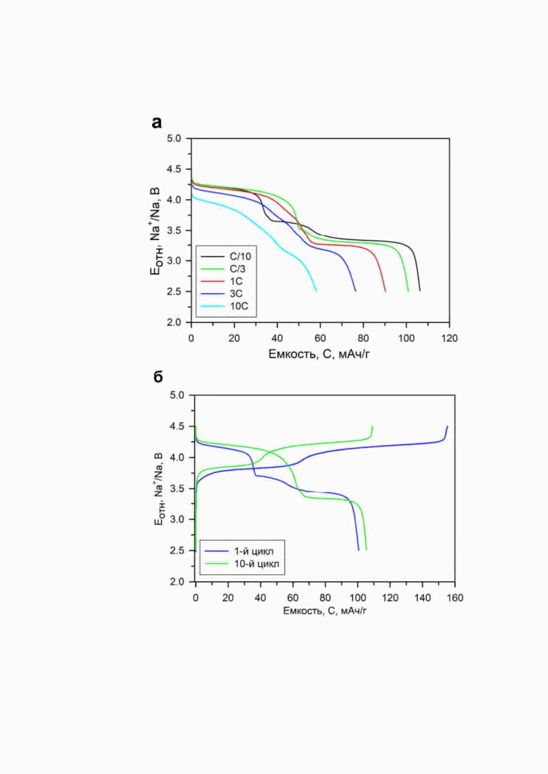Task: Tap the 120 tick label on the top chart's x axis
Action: pyautogui.click(x=449, y=338)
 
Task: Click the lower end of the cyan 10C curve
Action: pyautogui.click(x=316, y=291)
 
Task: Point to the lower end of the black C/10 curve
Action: pyautogui.click(x=420, y=291)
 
